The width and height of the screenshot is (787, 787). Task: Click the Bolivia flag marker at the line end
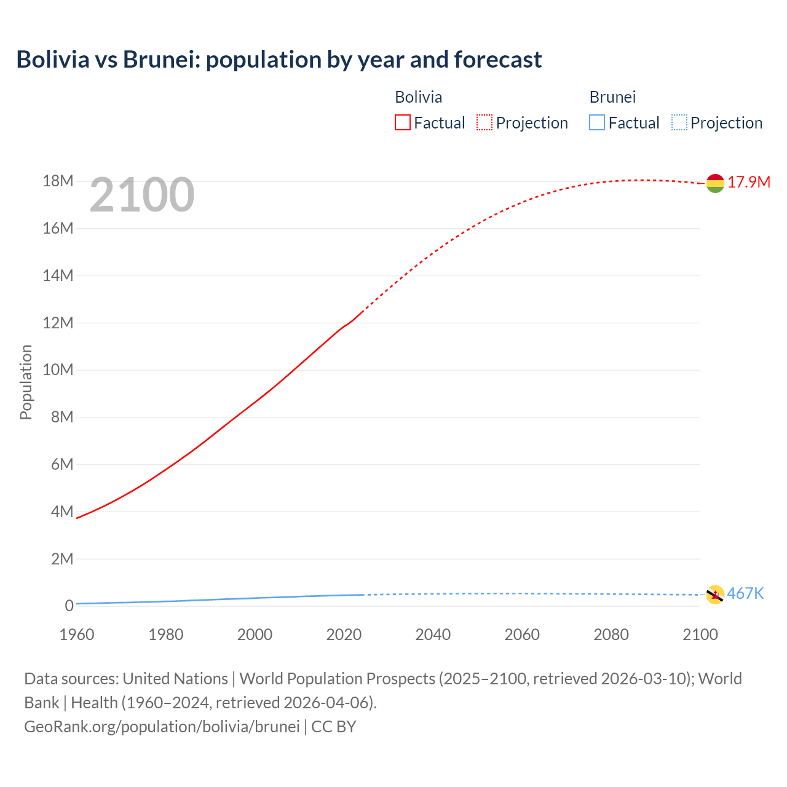[x=715, y=183]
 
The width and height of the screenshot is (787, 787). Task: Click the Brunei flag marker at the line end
[x=715, y=595]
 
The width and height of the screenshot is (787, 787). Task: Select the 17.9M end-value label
[x=749, y=183]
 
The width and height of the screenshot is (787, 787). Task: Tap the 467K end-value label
[x=745, y=593]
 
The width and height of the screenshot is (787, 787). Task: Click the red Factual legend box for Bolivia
[x=403, y=123]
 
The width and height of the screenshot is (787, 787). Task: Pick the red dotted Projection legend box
[x=484, y=123]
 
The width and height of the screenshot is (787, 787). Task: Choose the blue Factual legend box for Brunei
[x=597, y=123]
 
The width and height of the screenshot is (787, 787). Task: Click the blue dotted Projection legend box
[x=679, y=123]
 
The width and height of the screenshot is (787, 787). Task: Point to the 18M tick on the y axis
[x=58, y=181]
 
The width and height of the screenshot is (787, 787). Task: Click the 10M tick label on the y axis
[x=58, y=370]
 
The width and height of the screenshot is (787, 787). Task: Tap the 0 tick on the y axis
[x=69, y=606]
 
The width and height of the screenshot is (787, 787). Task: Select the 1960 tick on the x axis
[x=77, y=635]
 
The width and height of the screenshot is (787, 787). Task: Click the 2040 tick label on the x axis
[x=433, y=635]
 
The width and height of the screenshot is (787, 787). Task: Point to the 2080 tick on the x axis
[x=611, y=635]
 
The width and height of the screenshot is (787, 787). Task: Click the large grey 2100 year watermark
[x=142, y=195]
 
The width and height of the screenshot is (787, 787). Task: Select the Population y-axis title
[x=26, y=382]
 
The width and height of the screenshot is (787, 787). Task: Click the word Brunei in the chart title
[x=161, y=60]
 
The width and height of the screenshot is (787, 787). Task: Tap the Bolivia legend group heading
[x=418, y=97]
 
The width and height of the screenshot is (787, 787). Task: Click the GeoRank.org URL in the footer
[x=162, y=727]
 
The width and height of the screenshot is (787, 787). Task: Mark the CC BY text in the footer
[x=334, y=727]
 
